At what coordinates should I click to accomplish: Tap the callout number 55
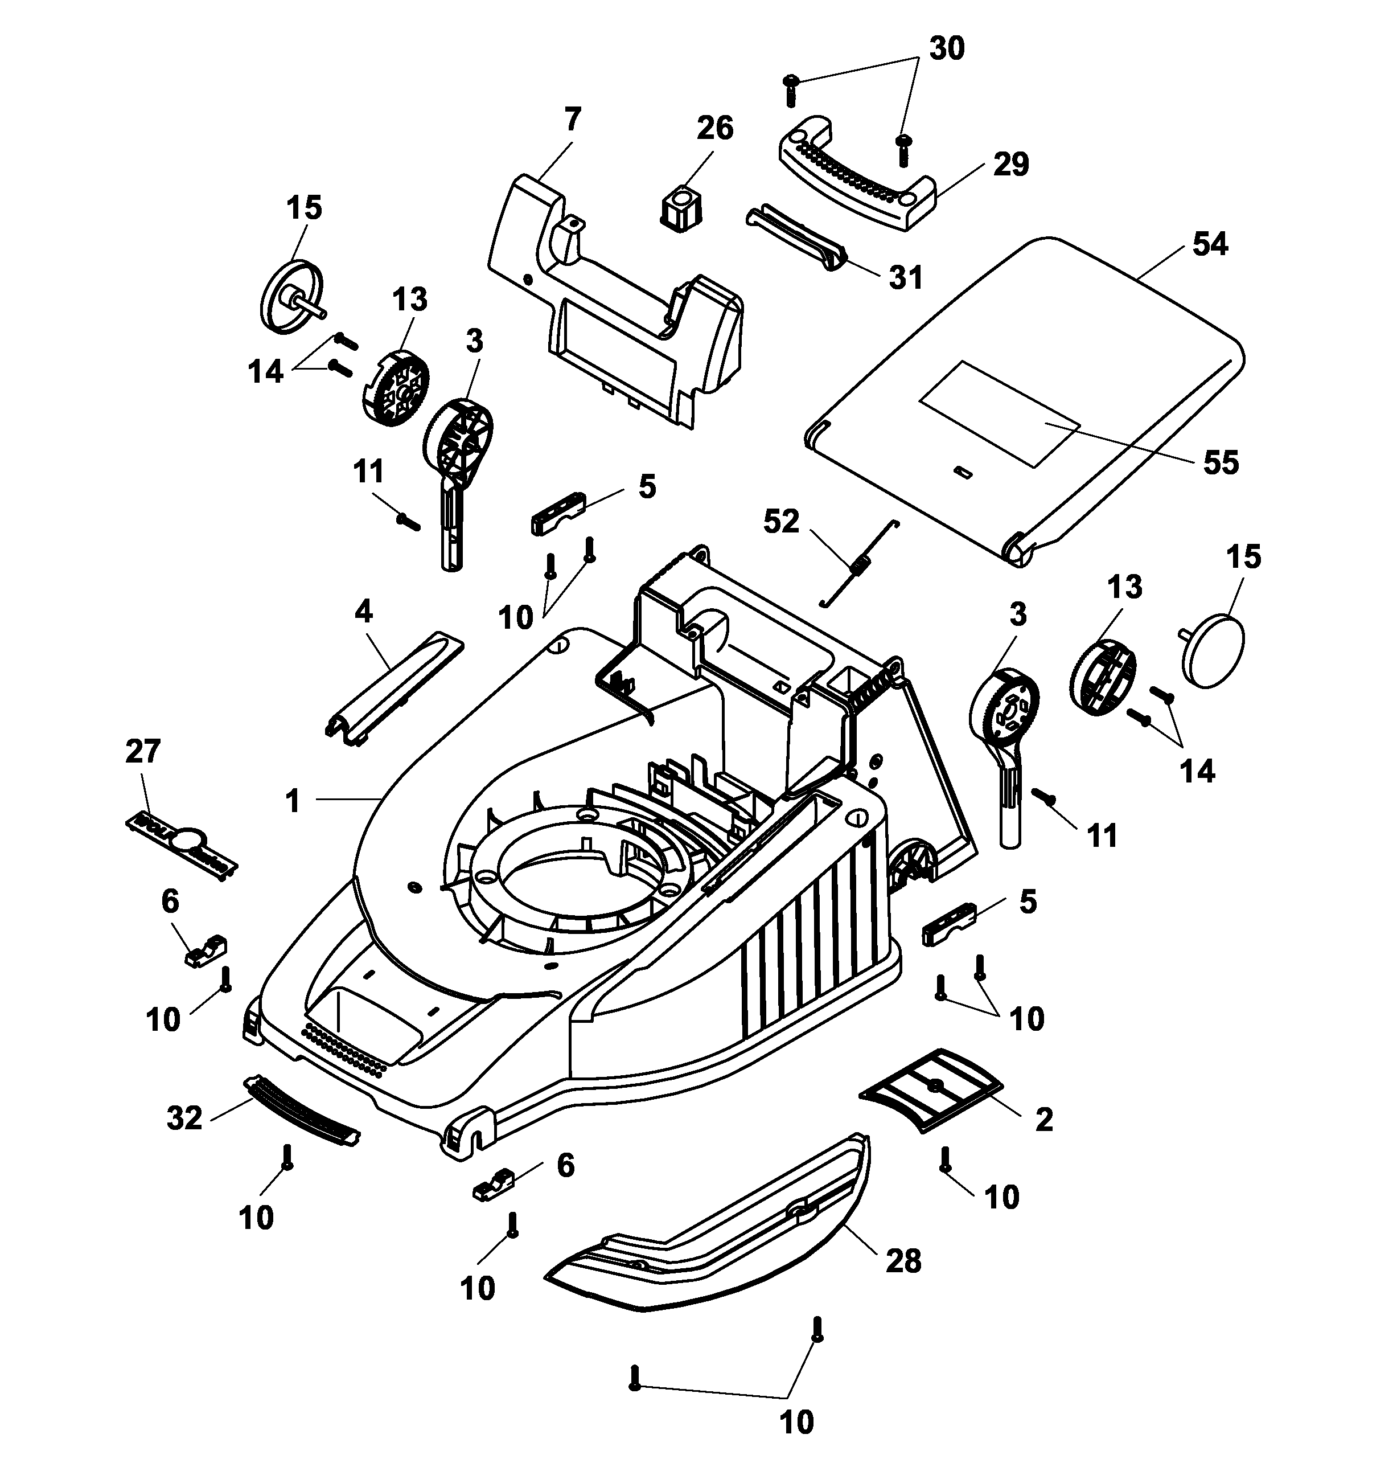(x=1221, y=462)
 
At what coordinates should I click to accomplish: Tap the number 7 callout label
(x=572, y=119)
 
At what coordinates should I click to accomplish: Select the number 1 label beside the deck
(x=293, y=801)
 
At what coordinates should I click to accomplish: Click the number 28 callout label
(x=903, y=1261)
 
